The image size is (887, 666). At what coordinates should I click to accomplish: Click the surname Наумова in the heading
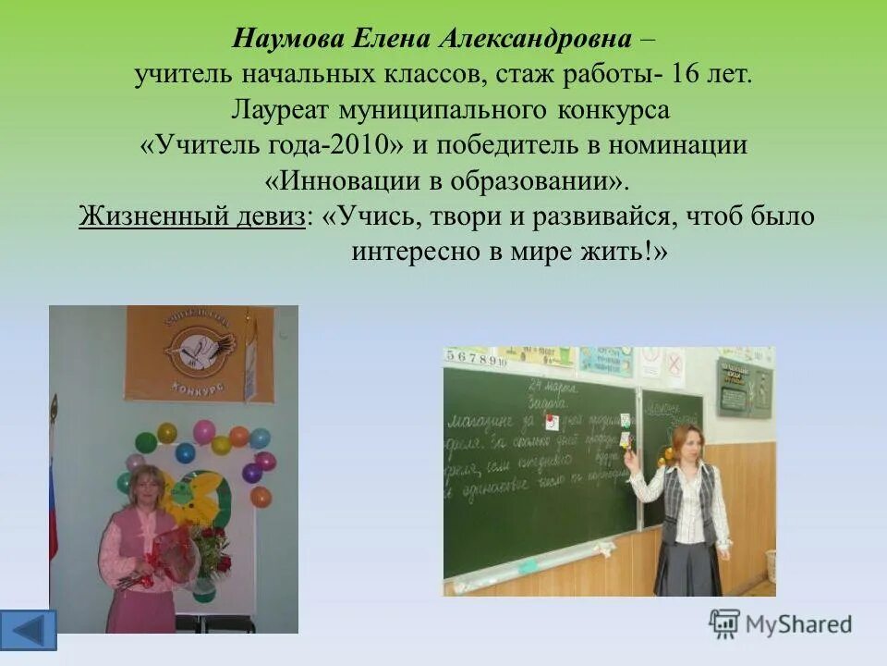287,39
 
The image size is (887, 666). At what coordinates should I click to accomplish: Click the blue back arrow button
28,630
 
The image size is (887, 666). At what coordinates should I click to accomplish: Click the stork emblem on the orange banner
197,352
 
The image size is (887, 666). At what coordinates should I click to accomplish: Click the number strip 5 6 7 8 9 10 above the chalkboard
475,358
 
